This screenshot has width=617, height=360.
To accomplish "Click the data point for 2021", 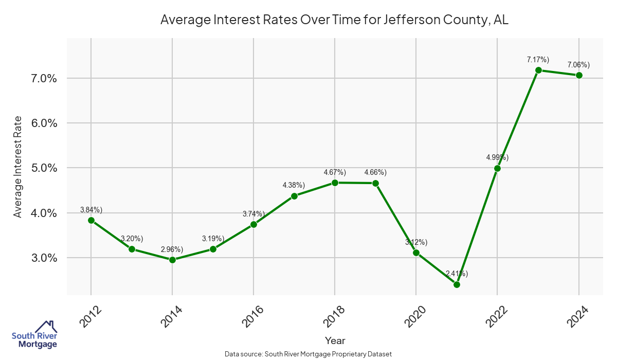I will (x=457, y=284).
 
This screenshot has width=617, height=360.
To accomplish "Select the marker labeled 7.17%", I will (x=538, y=70).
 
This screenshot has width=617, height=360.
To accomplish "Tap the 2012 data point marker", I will (x=91, y=220).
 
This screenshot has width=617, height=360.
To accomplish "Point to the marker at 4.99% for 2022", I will (x=497, y=168).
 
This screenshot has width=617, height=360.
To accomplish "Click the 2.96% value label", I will (x=172, y=249).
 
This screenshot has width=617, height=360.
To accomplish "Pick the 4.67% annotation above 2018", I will (x=335, y=172).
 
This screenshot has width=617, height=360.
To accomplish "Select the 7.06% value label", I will (x=578, y=65).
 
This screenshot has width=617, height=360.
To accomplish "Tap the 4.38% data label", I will (x=294, y=185).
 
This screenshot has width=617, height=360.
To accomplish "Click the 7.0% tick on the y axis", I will (x=44, y=79).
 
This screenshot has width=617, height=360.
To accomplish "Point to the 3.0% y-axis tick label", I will (x=44, y=258).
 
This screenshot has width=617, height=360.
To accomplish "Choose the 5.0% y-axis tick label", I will (x=44, y=168).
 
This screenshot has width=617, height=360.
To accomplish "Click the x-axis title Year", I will (x=335, y=340).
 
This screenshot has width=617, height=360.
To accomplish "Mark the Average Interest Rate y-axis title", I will (x=18, y=167).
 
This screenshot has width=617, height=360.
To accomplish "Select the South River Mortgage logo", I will (x=34, y=335).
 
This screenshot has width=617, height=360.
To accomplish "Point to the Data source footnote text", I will (x=308, y=354).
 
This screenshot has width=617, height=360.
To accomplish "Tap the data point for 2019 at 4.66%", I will (x=375, y=183).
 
